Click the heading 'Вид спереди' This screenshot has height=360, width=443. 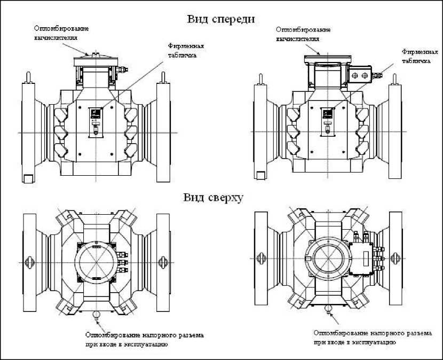(220, 19)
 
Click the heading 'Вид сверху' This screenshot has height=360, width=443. (213, 198)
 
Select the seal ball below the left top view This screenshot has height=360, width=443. (97, 315)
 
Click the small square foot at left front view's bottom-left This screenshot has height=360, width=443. (28, 176)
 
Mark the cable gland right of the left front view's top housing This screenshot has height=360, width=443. (123, 68)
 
